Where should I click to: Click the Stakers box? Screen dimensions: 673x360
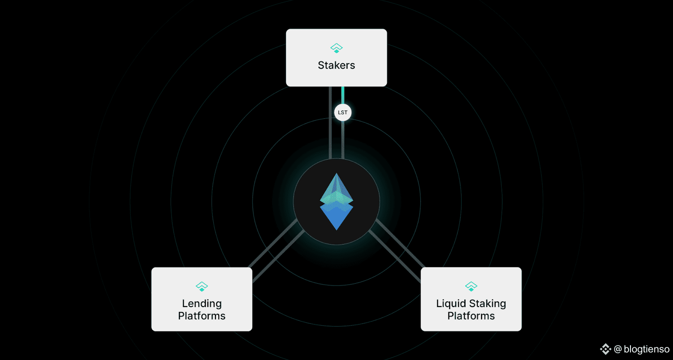336,58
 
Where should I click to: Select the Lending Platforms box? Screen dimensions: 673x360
202,299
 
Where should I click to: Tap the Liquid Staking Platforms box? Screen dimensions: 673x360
471,299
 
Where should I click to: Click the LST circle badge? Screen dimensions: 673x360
343,112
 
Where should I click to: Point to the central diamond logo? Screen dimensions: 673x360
336,201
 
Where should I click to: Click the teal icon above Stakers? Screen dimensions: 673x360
336,48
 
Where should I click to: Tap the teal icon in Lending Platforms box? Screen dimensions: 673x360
202,286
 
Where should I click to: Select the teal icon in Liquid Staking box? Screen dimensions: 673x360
471,286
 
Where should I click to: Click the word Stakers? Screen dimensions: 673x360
336,65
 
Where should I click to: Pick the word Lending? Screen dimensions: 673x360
202,304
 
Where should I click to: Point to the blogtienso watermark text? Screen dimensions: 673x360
647,349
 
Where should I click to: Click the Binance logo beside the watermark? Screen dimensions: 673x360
606,349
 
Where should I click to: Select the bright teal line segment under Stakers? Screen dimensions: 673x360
343,95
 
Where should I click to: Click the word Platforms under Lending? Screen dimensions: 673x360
201,316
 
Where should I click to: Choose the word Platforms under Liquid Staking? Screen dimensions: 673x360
471,316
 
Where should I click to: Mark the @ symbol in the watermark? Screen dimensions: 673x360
618,349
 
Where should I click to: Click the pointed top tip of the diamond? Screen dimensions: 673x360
336,173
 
